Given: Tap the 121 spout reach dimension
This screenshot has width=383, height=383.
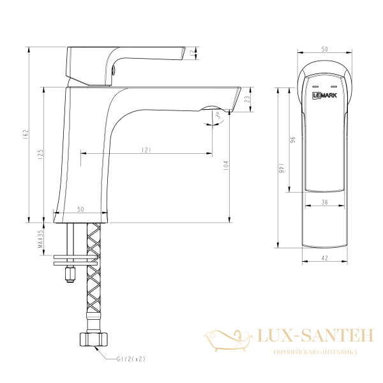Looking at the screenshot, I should (146, 150).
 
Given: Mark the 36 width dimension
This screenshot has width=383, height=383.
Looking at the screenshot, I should (325, 202).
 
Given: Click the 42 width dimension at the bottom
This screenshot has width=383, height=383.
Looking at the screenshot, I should (325, 257).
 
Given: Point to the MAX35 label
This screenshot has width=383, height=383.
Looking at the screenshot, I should (40, 240).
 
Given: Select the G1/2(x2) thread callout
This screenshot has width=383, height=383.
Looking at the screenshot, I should (132, 359).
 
